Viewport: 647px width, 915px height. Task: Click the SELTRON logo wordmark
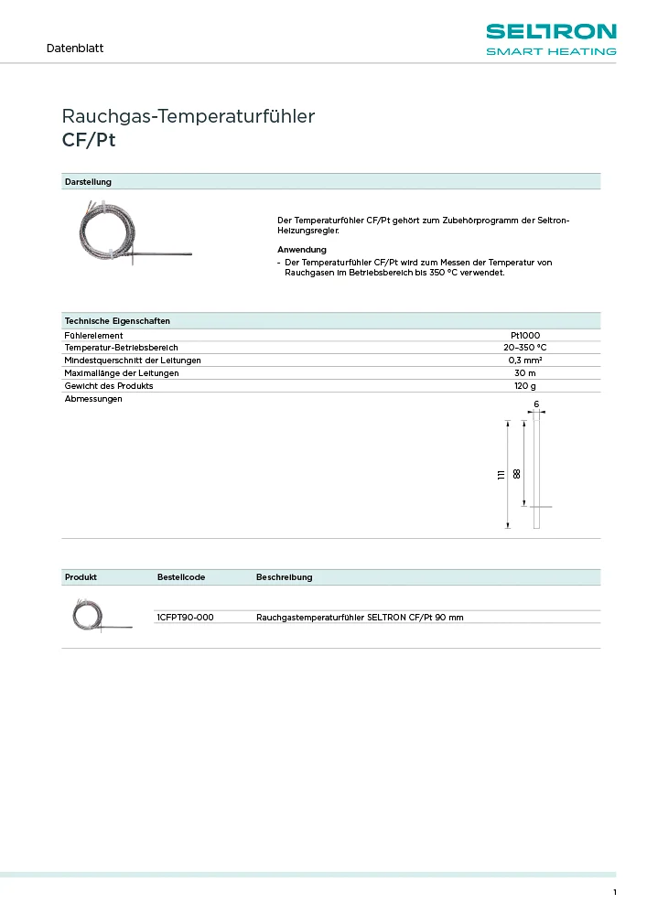coord(550,33)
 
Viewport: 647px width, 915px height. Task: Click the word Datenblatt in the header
coord(75,48)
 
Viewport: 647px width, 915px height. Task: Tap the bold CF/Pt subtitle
coord(89,141)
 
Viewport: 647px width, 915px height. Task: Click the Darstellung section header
coord(88,182)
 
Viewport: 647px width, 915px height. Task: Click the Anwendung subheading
coord(301,250)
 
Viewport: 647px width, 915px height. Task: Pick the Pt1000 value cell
coord(524,336)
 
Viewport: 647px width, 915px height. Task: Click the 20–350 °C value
coord(524,348)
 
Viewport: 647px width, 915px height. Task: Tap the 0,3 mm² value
coord(524,361)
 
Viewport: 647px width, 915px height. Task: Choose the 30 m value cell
coord(524,373)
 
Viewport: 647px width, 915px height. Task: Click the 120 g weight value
coord(524,386)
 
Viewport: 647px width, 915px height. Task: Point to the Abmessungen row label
coord(93,399)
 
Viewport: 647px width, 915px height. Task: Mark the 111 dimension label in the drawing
coord(501,474)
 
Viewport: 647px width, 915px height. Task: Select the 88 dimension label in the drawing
coord(517,474)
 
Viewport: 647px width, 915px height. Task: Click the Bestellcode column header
coord(181,577)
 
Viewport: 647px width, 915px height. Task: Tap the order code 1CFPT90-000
coord(186,618)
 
